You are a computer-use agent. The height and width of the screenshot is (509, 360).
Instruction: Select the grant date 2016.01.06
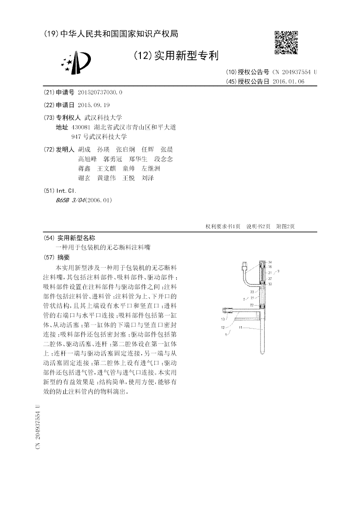click(288, 81)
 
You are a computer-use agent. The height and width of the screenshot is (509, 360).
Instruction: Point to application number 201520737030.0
click(100, 92)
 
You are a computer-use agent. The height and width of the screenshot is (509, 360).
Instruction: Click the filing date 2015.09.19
click(94, 105)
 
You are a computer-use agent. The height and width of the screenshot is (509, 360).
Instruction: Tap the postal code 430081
click(81, 127)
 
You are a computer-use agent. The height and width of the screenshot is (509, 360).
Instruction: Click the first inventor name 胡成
click(84, 149)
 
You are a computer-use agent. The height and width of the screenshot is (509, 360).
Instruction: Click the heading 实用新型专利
click(186, 56)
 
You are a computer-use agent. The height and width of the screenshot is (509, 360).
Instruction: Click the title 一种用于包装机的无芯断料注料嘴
click(103, 248)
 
